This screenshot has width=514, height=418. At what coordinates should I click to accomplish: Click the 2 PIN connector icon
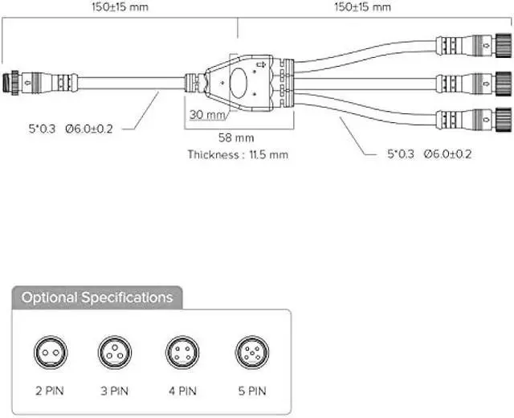point(51,351)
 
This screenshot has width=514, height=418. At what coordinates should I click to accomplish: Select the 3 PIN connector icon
point(115,351)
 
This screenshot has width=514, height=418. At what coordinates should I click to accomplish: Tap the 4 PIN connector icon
point(182,351)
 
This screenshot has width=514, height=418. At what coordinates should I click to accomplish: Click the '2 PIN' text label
point(50,392)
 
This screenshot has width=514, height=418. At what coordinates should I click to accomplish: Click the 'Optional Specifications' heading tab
point(97,298)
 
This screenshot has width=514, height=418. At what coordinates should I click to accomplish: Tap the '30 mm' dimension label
point(207,114)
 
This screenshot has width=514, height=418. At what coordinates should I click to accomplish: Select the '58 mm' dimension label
point(237,138)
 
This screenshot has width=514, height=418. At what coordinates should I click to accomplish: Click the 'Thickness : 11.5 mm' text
point(238,154)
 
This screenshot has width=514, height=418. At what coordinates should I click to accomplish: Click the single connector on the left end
point(36,81)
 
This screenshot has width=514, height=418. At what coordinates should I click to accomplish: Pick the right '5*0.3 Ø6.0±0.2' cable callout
point(429,153)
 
